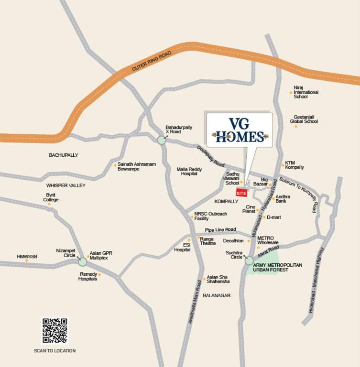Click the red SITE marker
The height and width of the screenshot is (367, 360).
coord(242,193)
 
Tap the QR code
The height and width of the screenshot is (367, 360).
coord(55,330)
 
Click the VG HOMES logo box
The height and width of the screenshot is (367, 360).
coord(240,130)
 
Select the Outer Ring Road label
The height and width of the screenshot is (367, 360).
coord(152,62)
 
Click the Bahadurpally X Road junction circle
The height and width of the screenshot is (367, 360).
coord(161,140)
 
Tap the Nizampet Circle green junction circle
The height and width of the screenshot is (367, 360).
coord(82,261)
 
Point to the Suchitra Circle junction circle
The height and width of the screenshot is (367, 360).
coord(249,260)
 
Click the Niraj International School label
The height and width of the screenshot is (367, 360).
coord(306,92)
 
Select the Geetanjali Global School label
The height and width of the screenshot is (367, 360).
coord(304,119)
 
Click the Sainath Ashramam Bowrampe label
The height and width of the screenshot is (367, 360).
coord(137,166)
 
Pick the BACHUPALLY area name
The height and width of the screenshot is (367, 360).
coord(64,155)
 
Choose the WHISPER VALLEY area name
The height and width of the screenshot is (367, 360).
coord(65,185)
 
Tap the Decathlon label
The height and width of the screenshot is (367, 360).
coord(233,241)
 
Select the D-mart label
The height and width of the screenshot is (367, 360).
coord(273,217)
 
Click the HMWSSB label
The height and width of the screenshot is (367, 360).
coord(27,257)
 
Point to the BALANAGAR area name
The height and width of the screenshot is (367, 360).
coord(217,295)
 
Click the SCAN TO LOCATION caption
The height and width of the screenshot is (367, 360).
coord(55,351)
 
